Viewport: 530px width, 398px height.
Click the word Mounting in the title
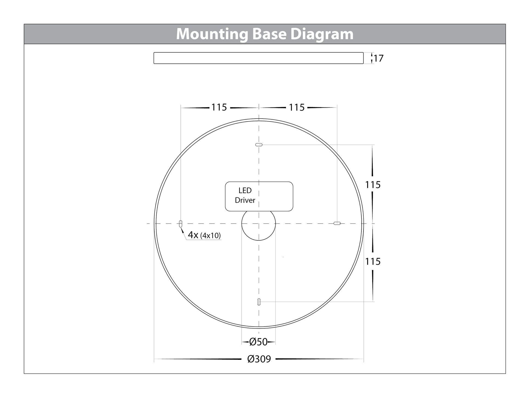212,34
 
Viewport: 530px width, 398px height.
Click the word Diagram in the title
322,34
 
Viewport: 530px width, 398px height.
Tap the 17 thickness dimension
379,58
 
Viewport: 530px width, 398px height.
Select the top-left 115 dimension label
219,107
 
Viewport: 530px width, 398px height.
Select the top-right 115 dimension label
297,107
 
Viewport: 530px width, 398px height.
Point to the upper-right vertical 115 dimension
373,185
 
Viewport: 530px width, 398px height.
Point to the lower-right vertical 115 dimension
373,261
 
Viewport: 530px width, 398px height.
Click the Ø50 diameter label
258,342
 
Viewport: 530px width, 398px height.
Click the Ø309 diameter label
259,359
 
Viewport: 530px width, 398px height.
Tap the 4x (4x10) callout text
204,235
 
